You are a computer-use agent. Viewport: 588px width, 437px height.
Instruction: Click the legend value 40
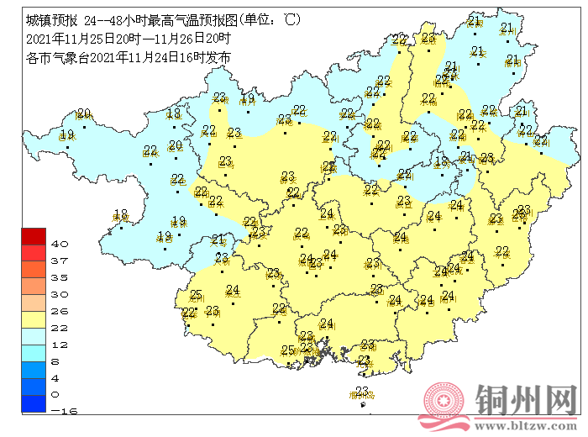(60, 244)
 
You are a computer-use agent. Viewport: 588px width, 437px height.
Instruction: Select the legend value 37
(60, 261)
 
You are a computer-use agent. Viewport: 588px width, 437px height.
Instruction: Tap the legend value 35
(60, 277)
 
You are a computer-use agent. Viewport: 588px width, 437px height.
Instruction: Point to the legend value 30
(60, 294)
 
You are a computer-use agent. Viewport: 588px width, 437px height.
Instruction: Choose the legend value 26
(60, 311)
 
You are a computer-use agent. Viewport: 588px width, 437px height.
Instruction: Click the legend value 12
(60, 344)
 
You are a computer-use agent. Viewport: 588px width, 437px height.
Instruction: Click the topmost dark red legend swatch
(34, 235)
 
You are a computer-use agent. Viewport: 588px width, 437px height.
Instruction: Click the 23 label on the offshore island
(362, 391)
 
